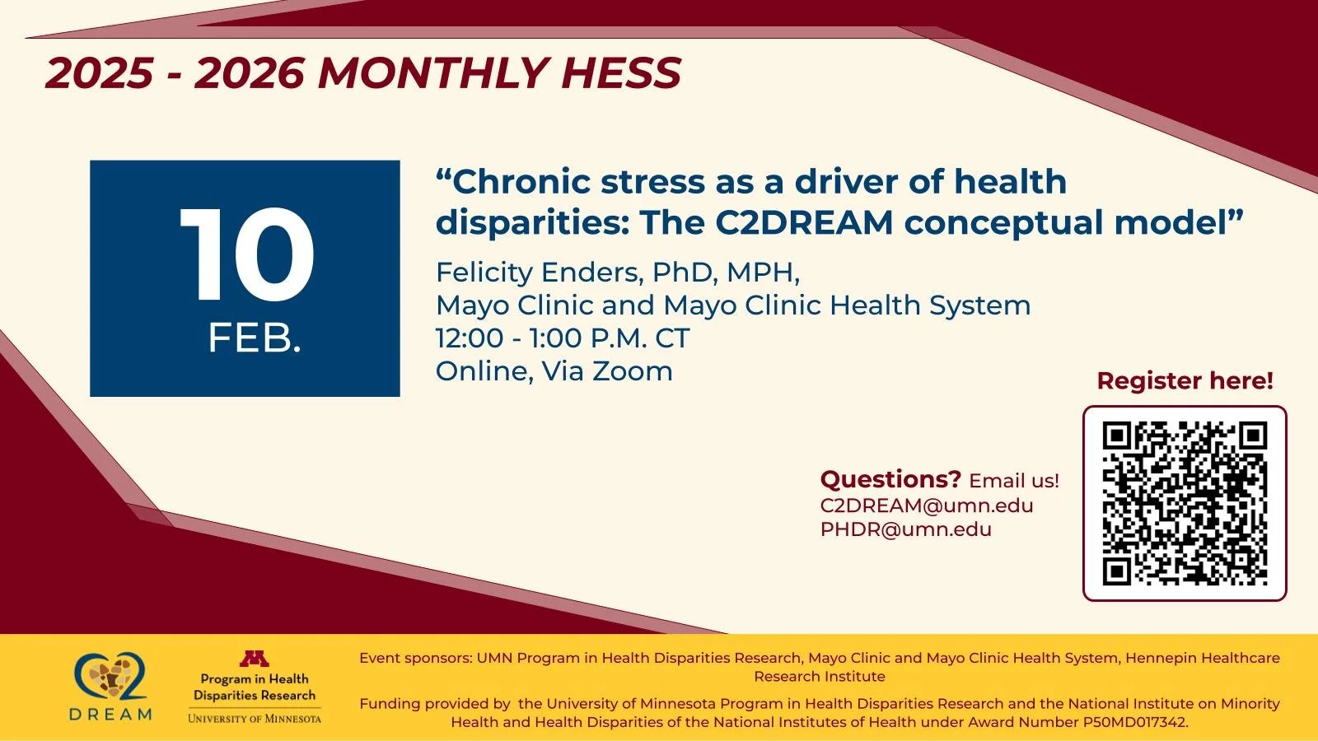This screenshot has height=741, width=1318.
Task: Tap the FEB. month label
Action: [x=255, y=338]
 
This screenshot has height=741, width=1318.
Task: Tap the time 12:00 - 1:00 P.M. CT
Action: [x=563, y=338]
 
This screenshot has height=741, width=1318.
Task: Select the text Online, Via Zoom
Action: [x=554, y=371]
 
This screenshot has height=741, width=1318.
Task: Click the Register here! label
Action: [x=1185, y=381]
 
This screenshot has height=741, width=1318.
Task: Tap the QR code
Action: [x=1185, y=503]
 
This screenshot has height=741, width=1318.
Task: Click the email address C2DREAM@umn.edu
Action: [x=927, y=506]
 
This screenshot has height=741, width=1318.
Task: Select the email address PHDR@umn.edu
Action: [x=906, y=529]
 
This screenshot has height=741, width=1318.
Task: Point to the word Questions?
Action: [x=890, y=479]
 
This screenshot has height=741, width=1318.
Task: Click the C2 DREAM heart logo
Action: [x=111, y=678]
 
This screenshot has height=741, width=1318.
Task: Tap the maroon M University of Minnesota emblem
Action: [x=255, y=659]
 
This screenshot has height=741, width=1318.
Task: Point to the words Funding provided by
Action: [x=435, y=704]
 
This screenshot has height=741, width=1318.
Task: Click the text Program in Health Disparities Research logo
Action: [x=255, y=687]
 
